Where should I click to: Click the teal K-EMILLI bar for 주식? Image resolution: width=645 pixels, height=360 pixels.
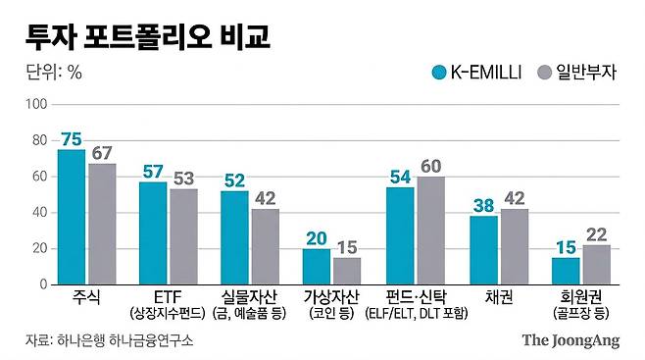point(72,217)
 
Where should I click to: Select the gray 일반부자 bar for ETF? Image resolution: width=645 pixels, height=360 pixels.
point(184,236)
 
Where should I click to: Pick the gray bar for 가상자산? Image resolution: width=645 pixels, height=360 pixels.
point(347,271)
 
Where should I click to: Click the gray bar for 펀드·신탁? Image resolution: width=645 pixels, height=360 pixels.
point(430,231)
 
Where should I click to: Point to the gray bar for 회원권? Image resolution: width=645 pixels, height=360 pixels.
point(596,264)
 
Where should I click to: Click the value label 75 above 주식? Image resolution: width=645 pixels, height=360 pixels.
point(72,139)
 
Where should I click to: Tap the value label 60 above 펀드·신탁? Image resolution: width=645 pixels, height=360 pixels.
point(430,167)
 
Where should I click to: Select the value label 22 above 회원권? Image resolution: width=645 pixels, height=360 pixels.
point(596,234)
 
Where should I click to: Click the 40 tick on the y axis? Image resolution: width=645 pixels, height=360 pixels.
point(38,212)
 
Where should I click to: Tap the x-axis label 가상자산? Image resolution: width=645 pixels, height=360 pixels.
point(331,296)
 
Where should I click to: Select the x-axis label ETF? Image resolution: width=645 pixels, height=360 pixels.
point(168,296)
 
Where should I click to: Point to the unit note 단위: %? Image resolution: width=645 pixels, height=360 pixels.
point(54,72)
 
